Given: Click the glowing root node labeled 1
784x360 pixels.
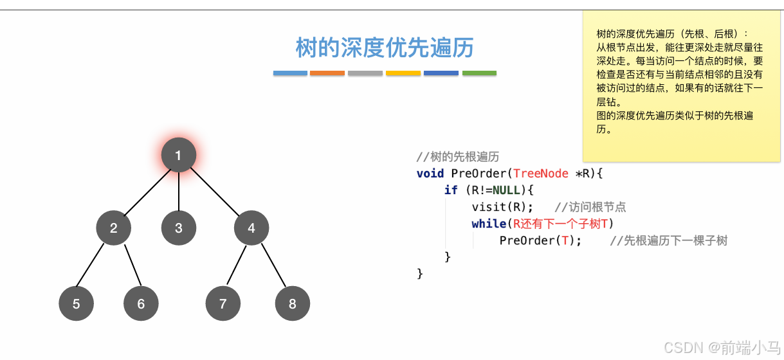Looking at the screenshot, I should point(178,155).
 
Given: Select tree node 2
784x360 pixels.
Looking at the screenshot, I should point(114,228).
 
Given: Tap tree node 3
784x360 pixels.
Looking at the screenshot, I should point(178,228).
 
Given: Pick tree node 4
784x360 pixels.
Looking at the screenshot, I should point(251,228).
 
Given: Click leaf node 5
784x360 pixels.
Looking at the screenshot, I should point(76,303).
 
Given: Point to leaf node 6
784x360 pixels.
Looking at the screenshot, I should point(141,303).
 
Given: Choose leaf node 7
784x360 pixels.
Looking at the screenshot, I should point(223,303).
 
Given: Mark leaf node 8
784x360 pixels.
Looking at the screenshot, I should point(293,303).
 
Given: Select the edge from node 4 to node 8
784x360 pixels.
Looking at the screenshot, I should point(272,265).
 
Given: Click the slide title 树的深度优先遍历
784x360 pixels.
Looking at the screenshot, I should point(385,48).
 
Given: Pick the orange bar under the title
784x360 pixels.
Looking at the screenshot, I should point(327,73).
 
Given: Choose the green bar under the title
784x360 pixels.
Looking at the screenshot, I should point(479,73).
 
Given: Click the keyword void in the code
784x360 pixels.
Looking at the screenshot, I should point(430,174).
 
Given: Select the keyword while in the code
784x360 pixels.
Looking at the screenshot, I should point(489,224).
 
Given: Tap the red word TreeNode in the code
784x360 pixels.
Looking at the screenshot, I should point(541,174).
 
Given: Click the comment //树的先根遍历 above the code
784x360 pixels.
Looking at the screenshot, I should point(457,157).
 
